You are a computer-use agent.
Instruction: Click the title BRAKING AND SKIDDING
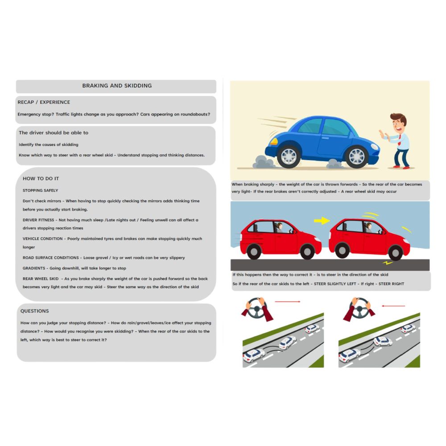(x=117, y=86)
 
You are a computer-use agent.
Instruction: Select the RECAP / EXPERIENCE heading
(x=44, y=102)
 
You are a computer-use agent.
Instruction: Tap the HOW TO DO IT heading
(x=41, y=178)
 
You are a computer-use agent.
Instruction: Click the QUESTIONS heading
(x=34, y=311)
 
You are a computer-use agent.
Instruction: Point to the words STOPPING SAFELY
(x=40, y=190)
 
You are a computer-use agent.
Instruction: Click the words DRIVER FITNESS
(x=38, y=220)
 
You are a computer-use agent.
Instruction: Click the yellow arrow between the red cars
(x=322, y=220)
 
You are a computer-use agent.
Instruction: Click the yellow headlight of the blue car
(x=273, y=141)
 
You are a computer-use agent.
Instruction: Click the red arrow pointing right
(x=288, y=302)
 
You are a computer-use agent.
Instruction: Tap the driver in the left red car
(x=280, y=227)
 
